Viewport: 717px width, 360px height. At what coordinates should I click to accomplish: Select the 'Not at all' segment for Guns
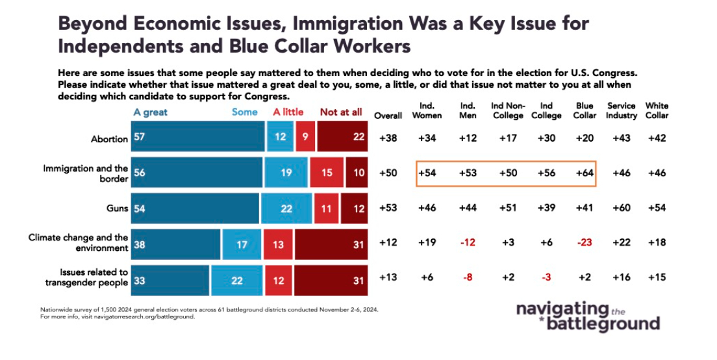tap(357, 209)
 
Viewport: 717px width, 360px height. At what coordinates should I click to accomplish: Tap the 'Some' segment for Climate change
tap(242, 245)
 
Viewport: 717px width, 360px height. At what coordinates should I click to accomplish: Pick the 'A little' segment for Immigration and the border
tap(326, 174)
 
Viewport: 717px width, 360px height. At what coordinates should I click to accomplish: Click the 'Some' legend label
tap(244, 112)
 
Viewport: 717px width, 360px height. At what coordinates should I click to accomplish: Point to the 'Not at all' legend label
tap(340, 112)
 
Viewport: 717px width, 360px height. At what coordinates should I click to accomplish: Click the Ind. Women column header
tap(427, 110)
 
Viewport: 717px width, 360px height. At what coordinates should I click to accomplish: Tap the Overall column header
tap(388, 116)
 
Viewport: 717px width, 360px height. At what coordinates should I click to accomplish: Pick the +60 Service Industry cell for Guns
tap(620, 209)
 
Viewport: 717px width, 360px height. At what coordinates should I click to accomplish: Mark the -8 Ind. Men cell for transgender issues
tap(467, 278)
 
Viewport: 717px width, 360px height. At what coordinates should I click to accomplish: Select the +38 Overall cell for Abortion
tap(388, 138)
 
